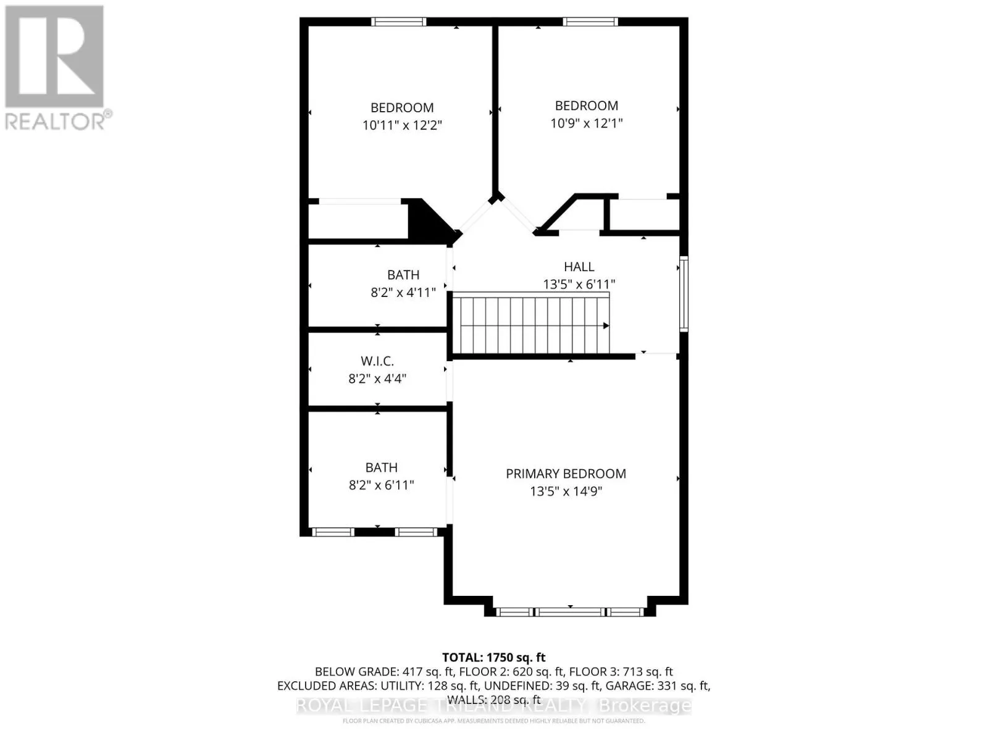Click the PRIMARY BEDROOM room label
566,474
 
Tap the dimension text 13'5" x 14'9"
566,492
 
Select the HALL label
579,267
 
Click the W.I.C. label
377,361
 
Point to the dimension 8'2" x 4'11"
403,292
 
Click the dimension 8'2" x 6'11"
381,485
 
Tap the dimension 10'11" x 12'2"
402,125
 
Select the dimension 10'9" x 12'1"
586,123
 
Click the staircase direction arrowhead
606,325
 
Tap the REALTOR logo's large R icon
54,57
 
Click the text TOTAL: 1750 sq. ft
493,658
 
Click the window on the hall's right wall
684,294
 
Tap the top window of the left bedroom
398,22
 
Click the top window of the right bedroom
590,22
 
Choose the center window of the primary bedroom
569,612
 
